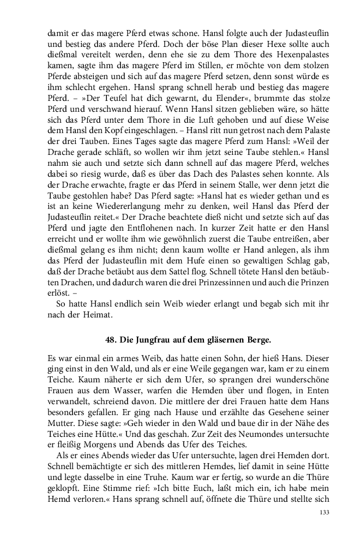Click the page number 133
click(323, 513)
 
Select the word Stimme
click(123, 482)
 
